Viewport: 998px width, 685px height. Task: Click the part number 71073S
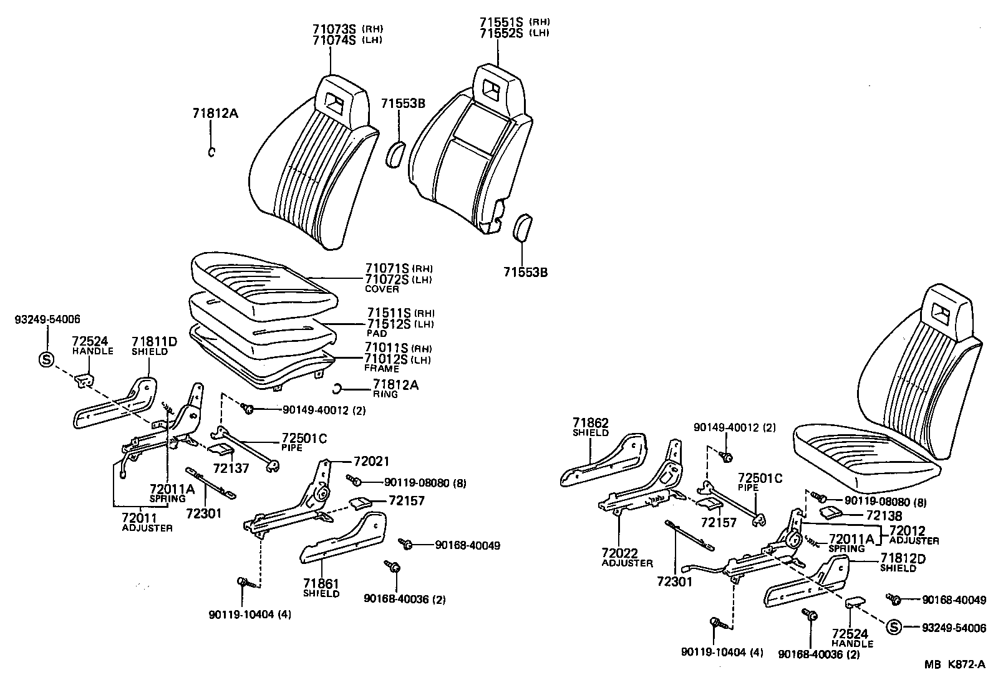333,29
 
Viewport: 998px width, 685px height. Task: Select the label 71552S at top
500,33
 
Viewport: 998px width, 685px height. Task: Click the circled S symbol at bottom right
893,628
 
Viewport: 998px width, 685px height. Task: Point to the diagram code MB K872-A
955,664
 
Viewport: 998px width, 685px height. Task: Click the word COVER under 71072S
382,290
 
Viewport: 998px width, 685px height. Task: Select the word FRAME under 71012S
382,369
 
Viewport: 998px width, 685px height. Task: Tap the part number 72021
371,462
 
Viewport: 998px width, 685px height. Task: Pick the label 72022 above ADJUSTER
619,553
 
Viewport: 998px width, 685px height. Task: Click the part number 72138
884,516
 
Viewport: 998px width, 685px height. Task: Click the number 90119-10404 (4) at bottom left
249,615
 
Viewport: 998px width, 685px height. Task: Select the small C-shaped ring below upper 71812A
211,152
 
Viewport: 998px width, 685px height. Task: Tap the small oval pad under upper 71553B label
396,155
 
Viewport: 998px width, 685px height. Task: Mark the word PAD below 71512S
377,334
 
